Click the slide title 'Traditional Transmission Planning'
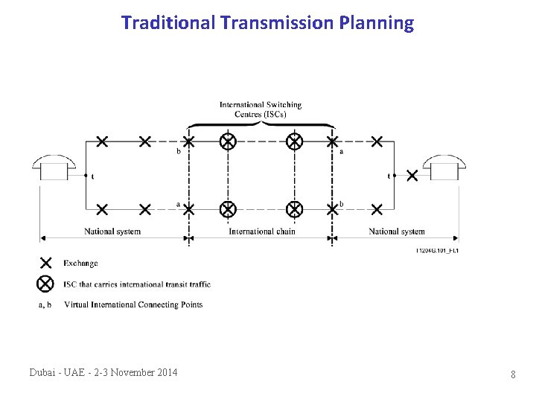tap(267, 23)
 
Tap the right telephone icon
tap(444, 168)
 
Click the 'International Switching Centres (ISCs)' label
tap(261, 109)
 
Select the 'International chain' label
tap(261, 232)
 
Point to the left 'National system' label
tap(112, 232)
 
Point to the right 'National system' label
tap(397, 232)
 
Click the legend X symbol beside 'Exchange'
tap(45, 263)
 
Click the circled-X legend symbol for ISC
tap(45, 284)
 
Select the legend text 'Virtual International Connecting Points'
tap(133, 304)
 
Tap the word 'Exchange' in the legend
tap(80, 263)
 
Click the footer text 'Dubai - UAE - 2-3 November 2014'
tap(103, 372)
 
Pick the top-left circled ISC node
tap(228, 141)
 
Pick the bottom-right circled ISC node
tap(295, 209)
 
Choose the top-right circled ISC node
tap(295, 141)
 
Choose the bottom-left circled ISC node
tap(228, 209)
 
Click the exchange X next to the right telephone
tap(412, 176)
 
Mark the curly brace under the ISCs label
tap(261, 124)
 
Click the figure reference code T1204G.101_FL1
tap(437, 251)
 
